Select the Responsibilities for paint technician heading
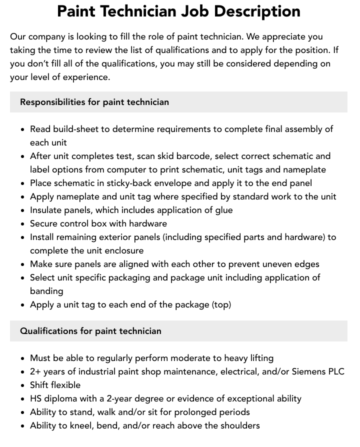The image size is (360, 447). (94, 102)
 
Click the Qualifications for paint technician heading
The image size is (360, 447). (90, 331)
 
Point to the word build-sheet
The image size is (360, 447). (76, 129)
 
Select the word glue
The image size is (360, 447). (223, 210)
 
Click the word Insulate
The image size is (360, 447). (46, 210)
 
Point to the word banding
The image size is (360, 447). (46, 291)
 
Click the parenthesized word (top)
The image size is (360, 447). (221, 304)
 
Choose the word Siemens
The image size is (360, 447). (308, 371)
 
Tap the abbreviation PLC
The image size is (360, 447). (335, 371)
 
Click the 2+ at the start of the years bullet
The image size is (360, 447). (35, 371)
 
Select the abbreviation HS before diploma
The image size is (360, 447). (36, 398)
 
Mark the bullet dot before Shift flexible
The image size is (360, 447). (23, 385)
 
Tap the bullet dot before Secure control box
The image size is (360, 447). (23, 224)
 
